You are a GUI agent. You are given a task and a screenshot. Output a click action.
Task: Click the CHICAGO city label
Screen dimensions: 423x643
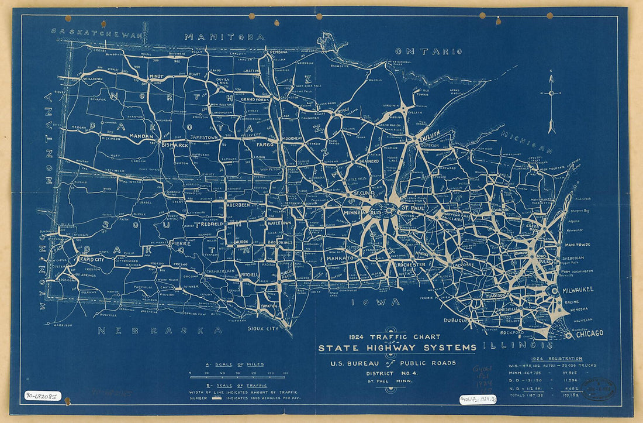point(589,333)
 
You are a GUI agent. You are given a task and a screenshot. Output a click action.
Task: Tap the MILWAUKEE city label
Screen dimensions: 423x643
point(577,290)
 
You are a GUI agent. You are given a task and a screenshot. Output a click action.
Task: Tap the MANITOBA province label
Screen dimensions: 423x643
point(224,37)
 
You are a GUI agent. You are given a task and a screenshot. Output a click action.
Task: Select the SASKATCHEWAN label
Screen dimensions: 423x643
point(96,34)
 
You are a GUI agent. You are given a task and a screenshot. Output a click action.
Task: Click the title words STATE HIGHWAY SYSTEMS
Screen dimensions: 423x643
point(397,349)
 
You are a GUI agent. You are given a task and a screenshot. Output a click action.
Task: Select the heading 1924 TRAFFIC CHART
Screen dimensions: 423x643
point(394,337)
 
